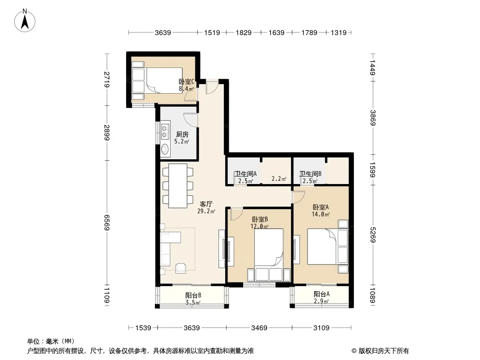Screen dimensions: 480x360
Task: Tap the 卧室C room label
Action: pyautogui.click(x=186, y=81)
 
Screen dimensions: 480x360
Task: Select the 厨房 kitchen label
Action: pyautogui.click(x=182, y=134)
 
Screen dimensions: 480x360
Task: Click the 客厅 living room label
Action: pyautogui.click(x=206, y=204)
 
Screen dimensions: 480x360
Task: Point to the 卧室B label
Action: pyautogui.click(x=260, y=219)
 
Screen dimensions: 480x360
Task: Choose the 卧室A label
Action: pyautogui.click(x=321, y=207)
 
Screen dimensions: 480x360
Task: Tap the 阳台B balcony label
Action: pyautogui.click(x=193, y=296)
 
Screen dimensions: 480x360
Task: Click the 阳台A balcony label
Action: pyautogui.click(x=322, y=294)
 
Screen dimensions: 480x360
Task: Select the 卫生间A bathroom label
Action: pyautogui.click(x=245, y=174)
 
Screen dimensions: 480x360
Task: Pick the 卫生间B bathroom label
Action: pyautogui.click(x=310, y=174)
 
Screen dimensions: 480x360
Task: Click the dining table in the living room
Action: pyautogui.click(x=178, y=186)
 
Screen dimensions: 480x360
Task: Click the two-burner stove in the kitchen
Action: pyautogui.click(x=165, y=131)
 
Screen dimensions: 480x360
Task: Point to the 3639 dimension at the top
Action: pyautogui.click(x=163, y=32)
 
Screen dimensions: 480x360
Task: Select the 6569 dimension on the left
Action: pyautogui.click(x=107, y=222)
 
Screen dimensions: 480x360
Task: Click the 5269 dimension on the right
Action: pyautogui.click(x=372, y=234)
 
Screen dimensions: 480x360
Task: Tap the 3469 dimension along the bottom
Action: pyautogui.click(x=259, y=328)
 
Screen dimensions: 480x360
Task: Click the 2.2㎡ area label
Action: pyautogui.click(x=279, y=179)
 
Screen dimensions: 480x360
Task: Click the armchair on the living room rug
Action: pyautogui.click(x=181, y=268)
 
